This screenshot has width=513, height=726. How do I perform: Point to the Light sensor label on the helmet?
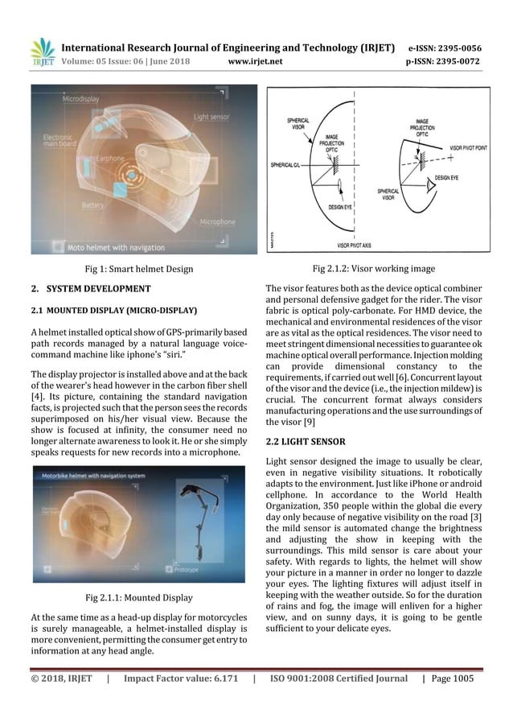(211, 118)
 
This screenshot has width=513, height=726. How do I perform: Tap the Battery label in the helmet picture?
(95, 206)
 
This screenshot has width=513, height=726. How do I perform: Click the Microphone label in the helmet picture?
(217, 221)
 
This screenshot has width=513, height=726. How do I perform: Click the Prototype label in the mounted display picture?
(192, 569)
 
